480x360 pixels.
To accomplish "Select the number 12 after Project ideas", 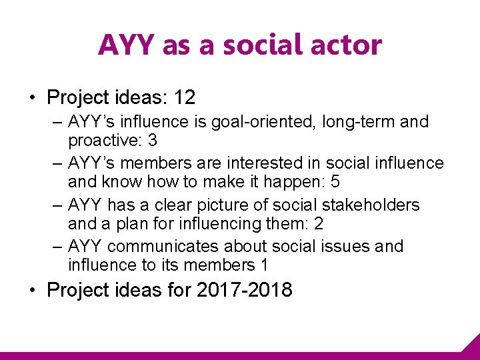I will (x=184, y=98).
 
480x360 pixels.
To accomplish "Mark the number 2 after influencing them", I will (x=319, y=223).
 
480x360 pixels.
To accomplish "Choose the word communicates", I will (x=163, y=246).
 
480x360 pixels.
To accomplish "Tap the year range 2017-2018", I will (x=245, y=291).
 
